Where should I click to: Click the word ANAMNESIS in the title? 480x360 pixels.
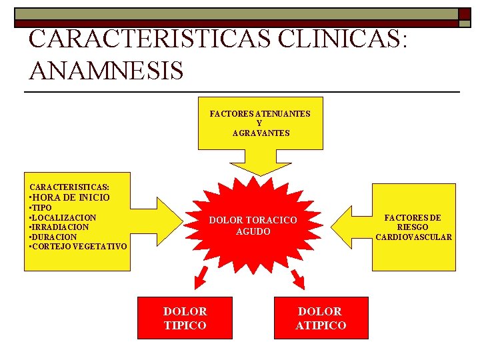tap(106, 69)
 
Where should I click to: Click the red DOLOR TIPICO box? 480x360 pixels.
tap(185, 318)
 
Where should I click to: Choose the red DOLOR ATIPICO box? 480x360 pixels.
tap(321, 318)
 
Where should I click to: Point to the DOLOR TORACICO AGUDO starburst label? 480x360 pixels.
tap(253, 226)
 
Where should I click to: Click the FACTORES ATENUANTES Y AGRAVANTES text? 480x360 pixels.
tap(260, 123)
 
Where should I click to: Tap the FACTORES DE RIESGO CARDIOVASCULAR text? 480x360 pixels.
tap(413, 227)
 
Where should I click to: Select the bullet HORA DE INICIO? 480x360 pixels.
tap(69, 197)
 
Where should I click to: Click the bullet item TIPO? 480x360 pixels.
tap(42, 208)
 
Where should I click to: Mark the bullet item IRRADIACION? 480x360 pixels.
tap(59, 227)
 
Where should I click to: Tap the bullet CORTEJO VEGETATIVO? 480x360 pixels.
tap(77, 247)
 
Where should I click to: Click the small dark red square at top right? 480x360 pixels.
tap(464, 13)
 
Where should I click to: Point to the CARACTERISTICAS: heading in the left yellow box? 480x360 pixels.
tap(69, 187)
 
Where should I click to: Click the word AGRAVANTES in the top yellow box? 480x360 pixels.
tap(261, 133)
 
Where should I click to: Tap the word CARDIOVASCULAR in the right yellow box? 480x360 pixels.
tap(413, 237)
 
